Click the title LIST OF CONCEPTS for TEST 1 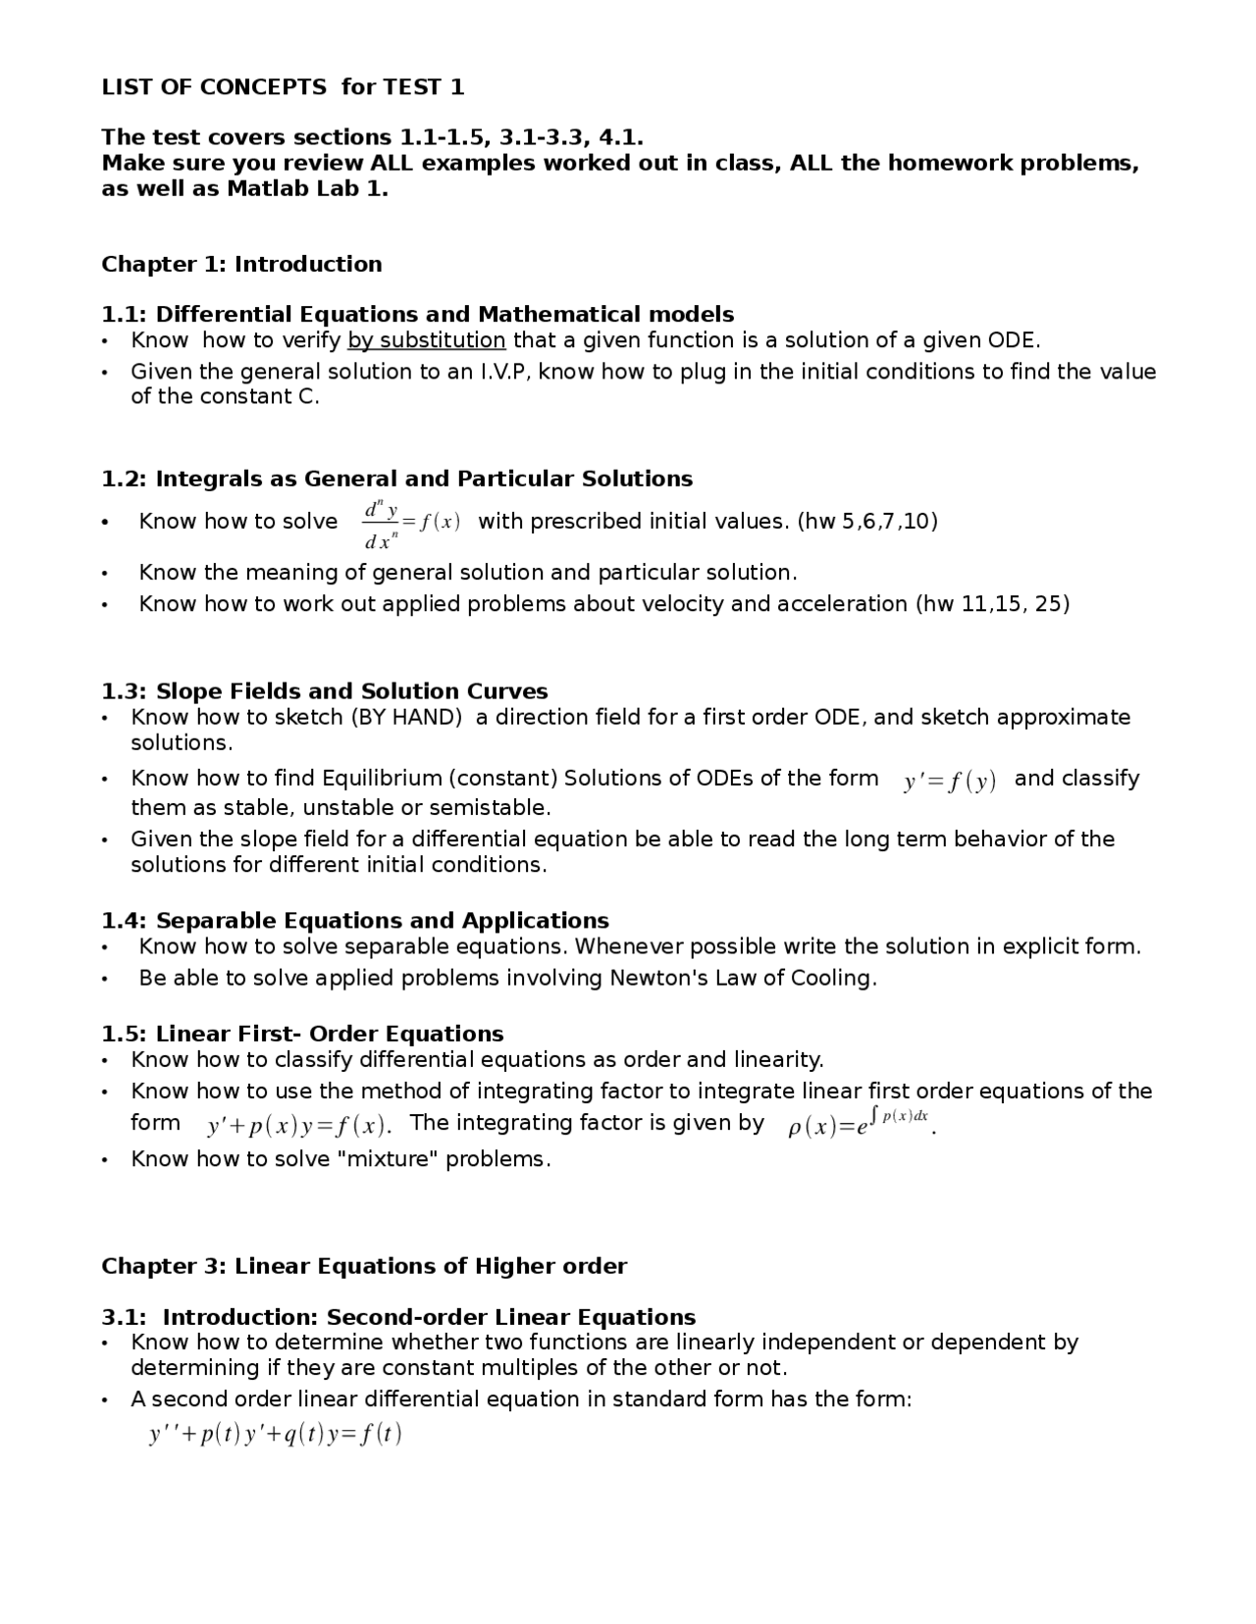click(x=283, y=87)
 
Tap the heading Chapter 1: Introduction click(x=241, y=264)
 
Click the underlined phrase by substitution click(x=426, y=340)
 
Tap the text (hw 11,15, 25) click(x=992, y=603)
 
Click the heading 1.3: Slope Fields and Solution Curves click(x=324, y=690)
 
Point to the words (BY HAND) click(x=406, y=717)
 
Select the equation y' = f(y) click(x=949, y=781)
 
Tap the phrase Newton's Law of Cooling click(x=742, y=978)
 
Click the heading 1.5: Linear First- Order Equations click(x=302, y=1034)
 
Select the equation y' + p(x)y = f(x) click(x=297, y=1125)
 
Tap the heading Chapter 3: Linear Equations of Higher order click(x=364, y=1266)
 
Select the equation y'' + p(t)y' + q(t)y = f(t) click(x=276, y=1435)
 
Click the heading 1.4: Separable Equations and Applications click(x=355, y=920)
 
